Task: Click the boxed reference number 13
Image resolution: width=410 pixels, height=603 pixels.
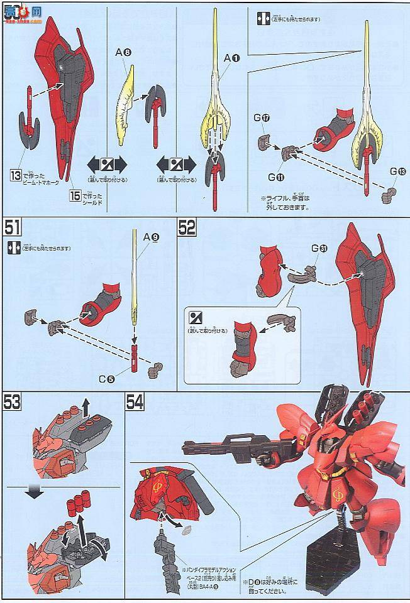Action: [15, 175]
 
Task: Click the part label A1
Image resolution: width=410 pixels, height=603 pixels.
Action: [232, 58]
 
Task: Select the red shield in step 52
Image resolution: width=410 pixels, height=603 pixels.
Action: [366, 295]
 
